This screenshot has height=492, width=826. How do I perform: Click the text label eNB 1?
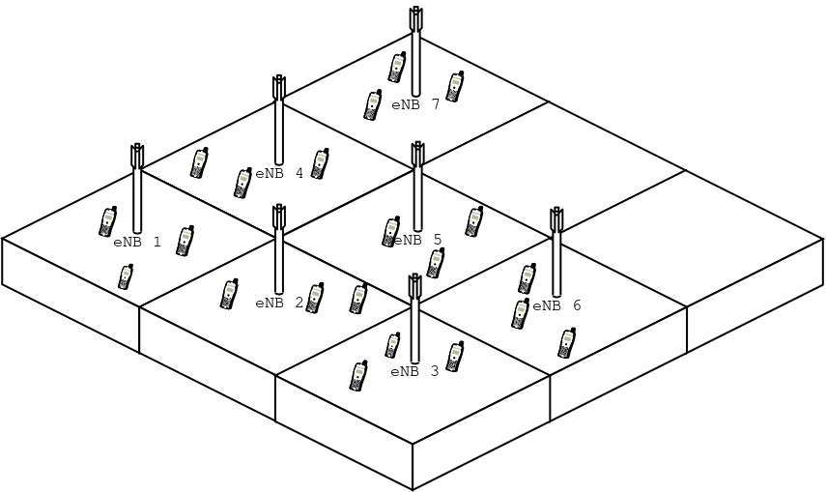point(137,242)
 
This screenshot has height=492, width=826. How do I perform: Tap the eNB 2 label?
point(279,304)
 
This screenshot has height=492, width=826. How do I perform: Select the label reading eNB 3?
point(414,372)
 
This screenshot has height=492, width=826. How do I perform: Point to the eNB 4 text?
point(279,173)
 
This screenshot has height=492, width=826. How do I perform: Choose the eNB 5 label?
point(417,241)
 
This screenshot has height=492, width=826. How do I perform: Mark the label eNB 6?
point(556,305)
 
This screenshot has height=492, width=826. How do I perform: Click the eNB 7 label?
point(415,105)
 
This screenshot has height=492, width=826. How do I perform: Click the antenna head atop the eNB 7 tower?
point(416,19)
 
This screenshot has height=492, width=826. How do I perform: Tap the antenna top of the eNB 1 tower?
point(137,156)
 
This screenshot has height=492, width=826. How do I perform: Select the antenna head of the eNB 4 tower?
point(278,88)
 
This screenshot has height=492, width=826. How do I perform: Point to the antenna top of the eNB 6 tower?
point(556,219)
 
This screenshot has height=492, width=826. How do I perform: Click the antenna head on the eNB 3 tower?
point(415,286)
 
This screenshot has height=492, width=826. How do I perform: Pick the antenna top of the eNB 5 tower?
point(417,154)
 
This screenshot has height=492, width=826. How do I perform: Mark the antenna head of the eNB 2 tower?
point(278,217)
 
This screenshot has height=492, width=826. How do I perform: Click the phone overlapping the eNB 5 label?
point(391,232)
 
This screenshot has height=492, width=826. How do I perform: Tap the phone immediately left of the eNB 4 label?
point(242,183)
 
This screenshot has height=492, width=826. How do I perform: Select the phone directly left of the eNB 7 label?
point(373,105)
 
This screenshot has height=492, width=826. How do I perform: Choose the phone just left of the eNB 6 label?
point(520,314)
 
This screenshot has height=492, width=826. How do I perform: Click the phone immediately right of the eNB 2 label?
point(315,298)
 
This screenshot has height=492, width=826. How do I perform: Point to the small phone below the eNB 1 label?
point(126,276)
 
